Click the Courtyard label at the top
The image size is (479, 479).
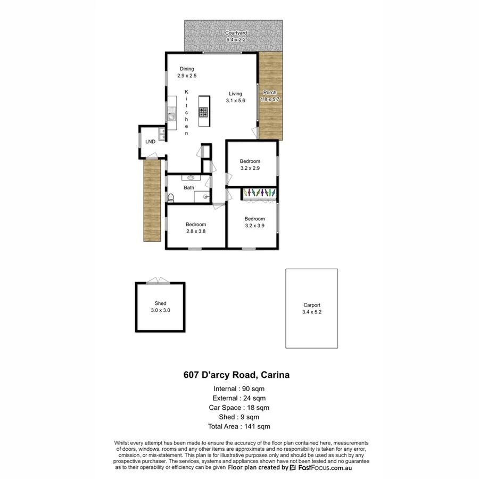(x=236, y=36)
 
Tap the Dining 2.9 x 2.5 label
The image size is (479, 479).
(x=187, y=72)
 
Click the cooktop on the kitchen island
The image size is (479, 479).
(x=204, y=112)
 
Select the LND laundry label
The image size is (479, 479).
(x=150, y=142)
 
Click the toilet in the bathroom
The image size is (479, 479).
(x=171, y=197)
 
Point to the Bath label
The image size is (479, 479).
(x=189, y=187)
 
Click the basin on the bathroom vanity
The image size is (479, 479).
(x=191, y=178)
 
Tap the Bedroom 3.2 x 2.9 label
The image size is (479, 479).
(x=250, y=164)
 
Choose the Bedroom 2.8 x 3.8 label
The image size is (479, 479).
(x=196, y=228)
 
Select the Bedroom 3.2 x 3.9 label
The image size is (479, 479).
(x=254, y=222)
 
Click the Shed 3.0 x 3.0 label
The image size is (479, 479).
(x=160, y=307)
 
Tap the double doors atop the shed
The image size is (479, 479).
(x=160, y=280)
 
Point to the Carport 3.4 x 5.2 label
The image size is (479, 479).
(x=311, y=309)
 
